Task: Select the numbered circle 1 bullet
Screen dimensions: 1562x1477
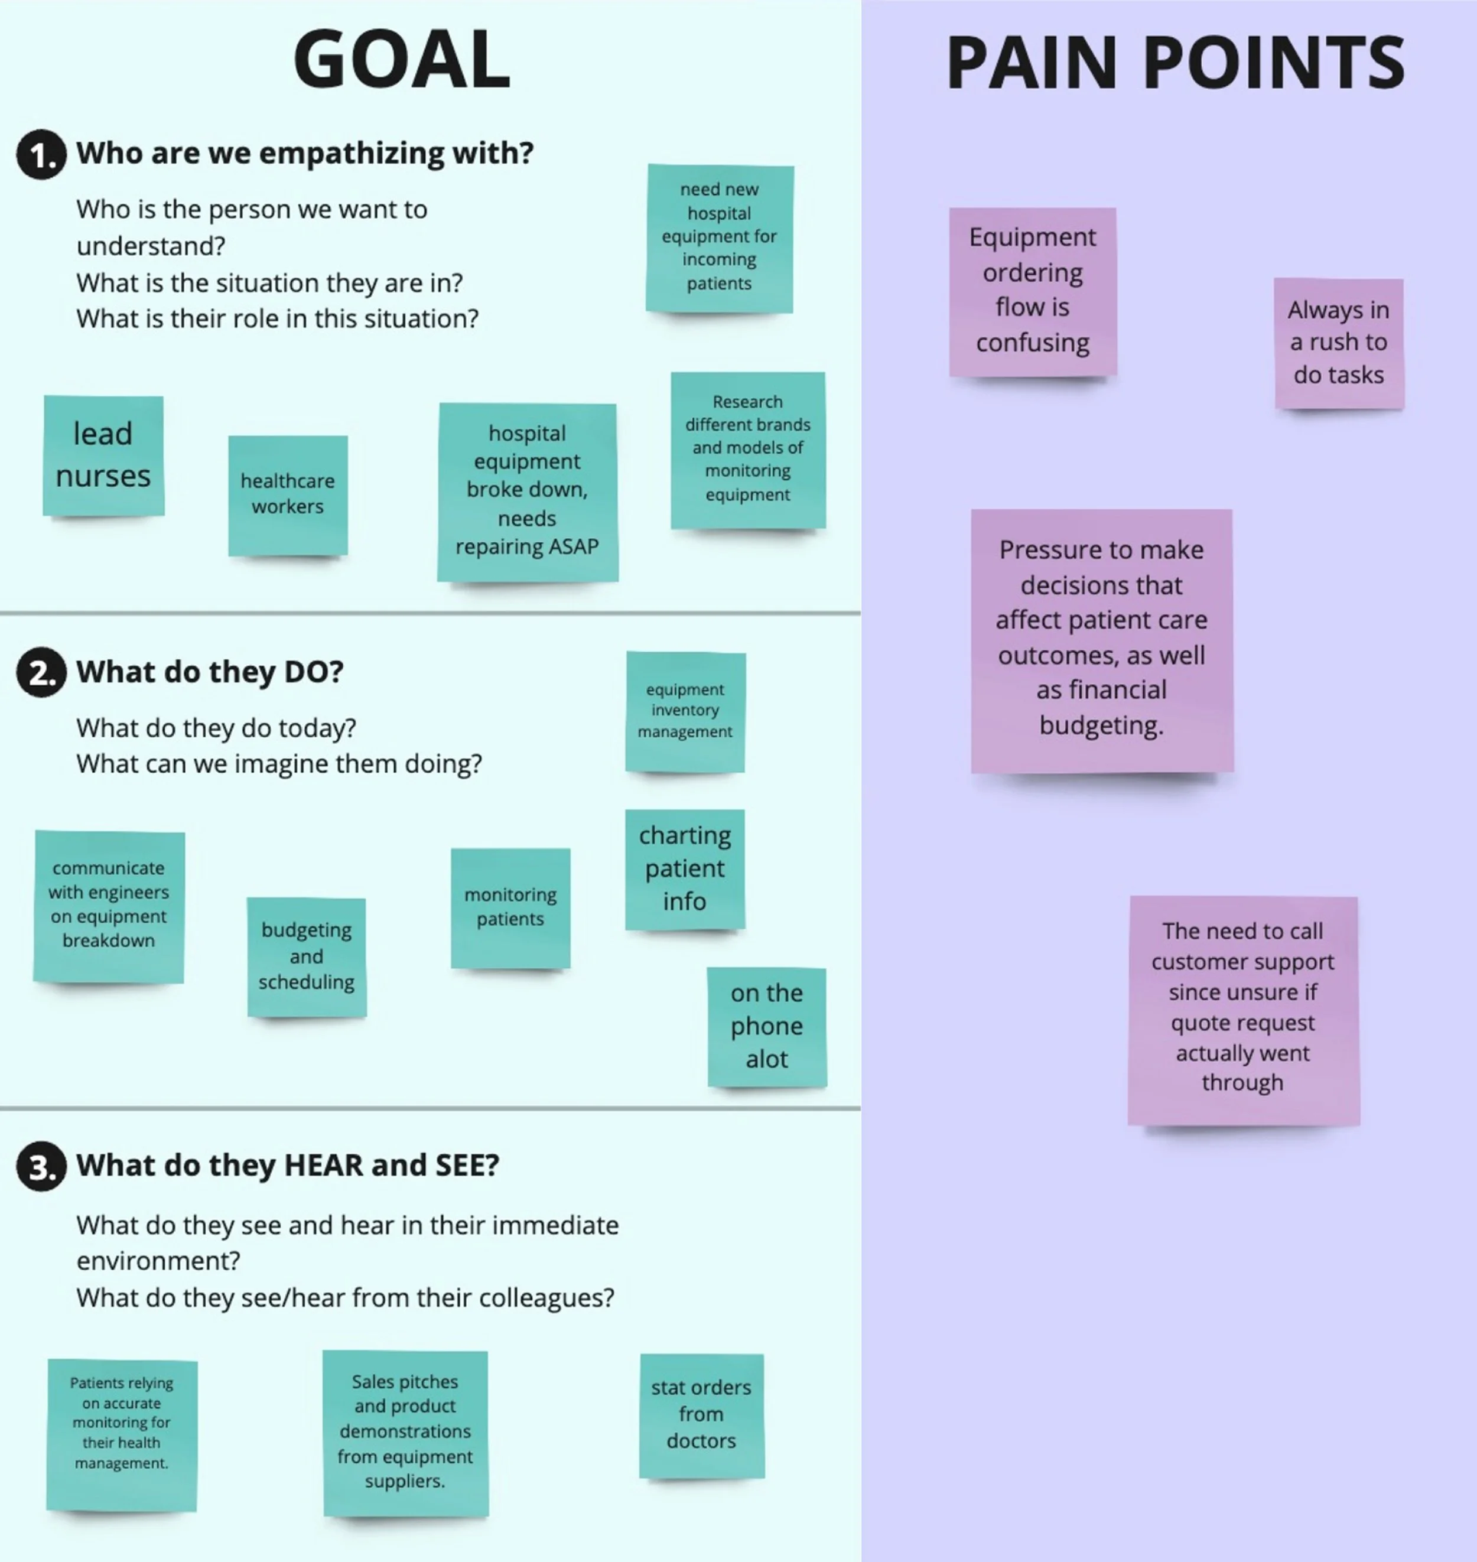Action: click(x=41, y=154)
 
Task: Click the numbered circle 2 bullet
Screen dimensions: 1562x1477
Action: click(x=41, y=672)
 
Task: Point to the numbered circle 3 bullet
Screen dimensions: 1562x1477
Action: click(x=41, y=1166)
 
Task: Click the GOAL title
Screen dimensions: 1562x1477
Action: click(x=402, y=59)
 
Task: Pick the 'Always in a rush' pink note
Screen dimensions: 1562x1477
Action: click(x=1338, y=343)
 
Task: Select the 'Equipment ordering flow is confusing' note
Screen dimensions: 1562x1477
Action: click(x=1032, y=291)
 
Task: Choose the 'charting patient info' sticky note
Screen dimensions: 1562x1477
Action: click(x=685, y=868)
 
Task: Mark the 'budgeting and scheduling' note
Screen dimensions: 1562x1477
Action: click(x=306, y=956)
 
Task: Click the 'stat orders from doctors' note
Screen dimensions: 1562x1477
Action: click(x=701, y=1415)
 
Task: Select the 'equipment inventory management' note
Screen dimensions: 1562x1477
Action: click(x=685, y=711)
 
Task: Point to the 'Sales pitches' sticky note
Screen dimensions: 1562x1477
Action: click(x=405, y=1432)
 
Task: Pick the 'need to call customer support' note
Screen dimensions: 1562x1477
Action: click(x=1242, y=1008)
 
